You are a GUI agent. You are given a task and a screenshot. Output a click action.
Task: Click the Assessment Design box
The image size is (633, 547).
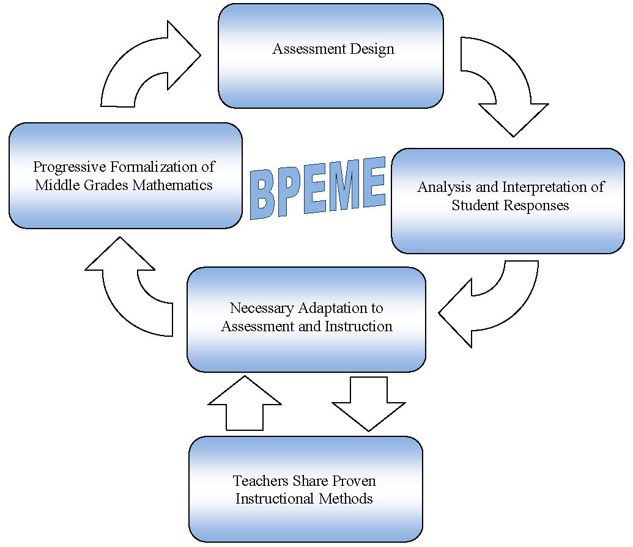click(x=331, y=56)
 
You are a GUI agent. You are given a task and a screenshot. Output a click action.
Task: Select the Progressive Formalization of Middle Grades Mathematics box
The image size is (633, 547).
click(x=125, y=175)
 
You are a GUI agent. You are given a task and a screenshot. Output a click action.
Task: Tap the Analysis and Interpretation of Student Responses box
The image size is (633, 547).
click(x=508, y=201)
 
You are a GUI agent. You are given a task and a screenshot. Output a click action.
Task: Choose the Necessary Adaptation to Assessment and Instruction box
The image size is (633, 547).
click(x=306, y=319)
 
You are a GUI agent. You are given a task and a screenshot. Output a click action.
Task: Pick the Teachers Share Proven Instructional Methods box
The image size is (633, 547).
click(x=306, y=489)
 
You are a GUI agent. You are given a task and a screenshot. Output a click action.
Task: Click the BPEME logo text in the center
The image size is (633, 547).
click(x=317, y=188)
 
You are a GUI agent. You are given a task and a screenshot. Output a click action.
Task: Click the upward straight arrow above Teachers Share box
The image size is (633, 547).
click(x=245, y=403)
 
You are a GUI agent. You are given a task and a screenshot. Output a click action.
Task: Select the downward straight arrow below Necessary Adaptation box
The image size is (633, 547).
click(x=369, y=404)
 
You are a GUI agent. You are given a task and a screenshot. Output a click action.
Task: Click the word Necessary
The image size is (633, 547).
click(x=262, y=309)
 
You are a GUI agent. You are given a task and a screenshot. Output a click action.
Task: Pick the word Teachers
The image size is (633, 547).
click(x=261, y=481)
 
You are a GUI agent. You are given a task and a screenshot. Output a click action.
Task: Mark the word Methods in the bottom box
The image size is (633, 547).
click(x=346, y=499)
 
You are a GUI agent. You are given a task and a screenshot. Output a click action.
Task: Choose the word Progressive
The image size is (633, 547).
click(x=70, y=167)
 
